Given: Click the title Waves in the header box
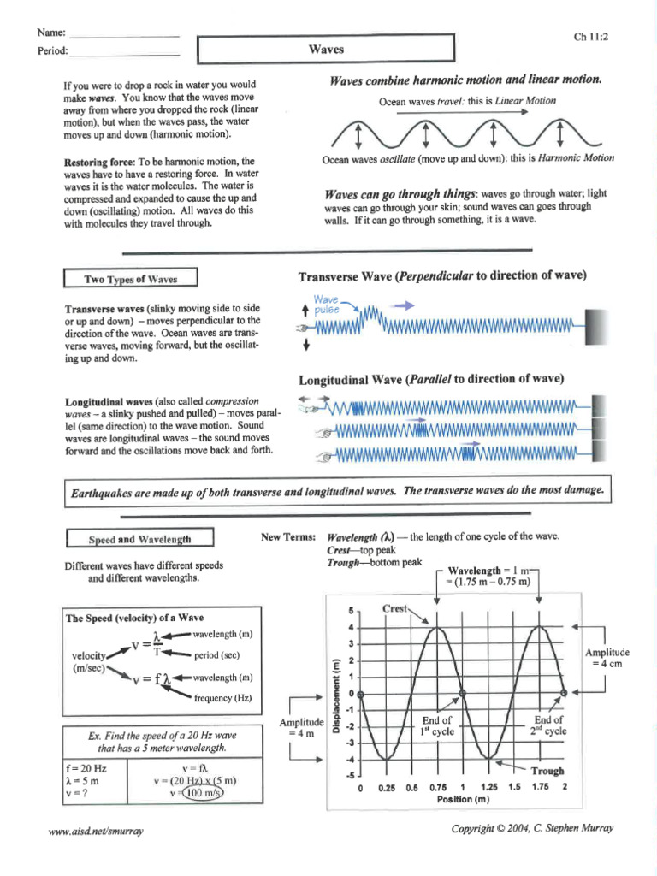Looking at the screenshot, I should pyautogui.click(x=326, y=50).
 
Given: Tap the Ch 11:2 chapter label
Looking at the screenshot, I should pyautogui.click(x=590, y=37).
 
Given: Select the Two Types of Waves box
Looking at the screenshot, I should pyautogui.click(x=131, y=279).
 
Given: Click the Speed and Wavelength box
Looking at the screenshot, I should pyautogui.click(x=140, y=540).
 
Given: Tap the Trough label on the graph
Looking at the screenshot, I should pyautogui.click(x=547, y=771).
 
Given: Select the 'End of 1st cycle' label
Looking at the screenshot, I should pyautogui.click(x=436, y=726).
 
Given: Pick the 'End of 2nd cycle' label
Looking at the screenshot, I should pyautogui.click(x=548, y=726).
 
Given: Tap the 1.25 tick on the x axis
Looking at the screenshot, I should pyautogui.click(x=489, y=787).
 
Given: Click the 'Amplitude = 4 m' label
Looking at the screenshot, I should pyautogui.click(x=301, y=728).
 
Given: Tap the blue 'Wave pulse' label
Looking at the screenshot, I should pyautogui.click(x=327, y=305).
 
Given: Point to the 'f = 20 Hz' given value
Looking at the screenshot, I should pyautogui.click(x=86, y=768).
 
